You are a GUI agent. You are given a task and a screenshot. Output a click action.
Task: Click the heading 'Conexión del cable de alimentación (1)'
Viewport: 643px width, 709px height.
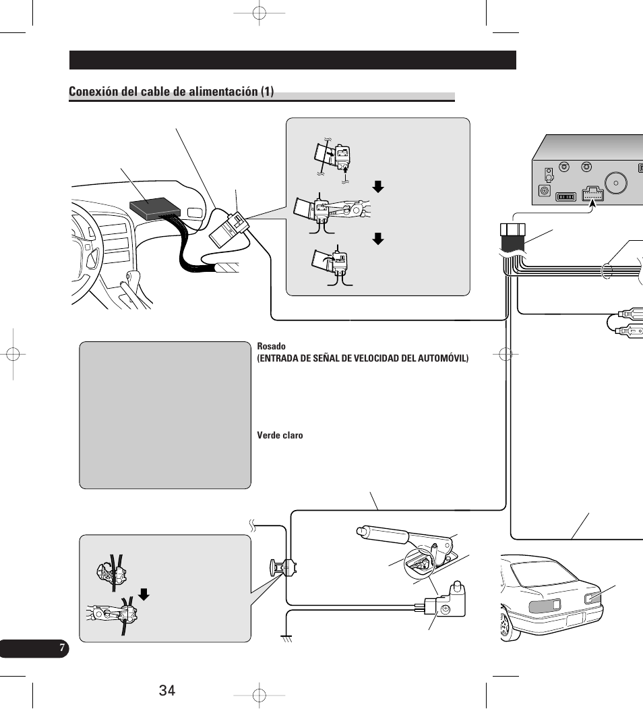(x=171, y=92)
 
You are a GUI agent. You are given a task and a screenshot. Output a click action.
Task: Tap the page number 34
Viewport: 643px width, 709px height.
(x=167, y=690)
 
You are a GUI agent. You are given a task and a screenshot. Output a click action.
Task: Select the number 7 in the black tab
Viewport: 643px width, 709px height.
(x=62, y=648)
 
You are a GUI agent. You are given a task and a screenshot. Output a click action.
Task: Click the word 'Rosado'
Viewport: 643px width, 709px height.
(x=270, y=346)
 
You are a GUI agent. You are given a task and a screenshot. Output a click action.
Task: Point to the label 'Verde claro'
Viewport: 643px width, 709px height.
(x=280, y=435)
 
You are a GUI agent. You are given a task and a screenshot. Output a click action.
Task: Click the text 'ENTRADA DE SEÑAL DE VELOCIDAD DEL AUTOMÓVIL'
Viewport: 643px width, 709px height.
(x=362, y=358)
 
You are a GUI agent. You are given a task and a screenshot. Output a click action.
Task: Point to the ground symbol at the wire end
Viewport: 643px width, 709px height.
(x=286, y=637)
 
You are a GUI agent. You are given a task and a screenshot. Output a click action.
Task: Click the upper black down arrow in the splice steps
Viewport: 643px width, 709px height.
(x=378, y=186)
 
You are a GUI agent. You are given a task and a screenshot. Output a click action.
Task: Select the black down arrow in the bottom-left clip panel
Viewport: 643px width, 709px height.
(x=143, y=594)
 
